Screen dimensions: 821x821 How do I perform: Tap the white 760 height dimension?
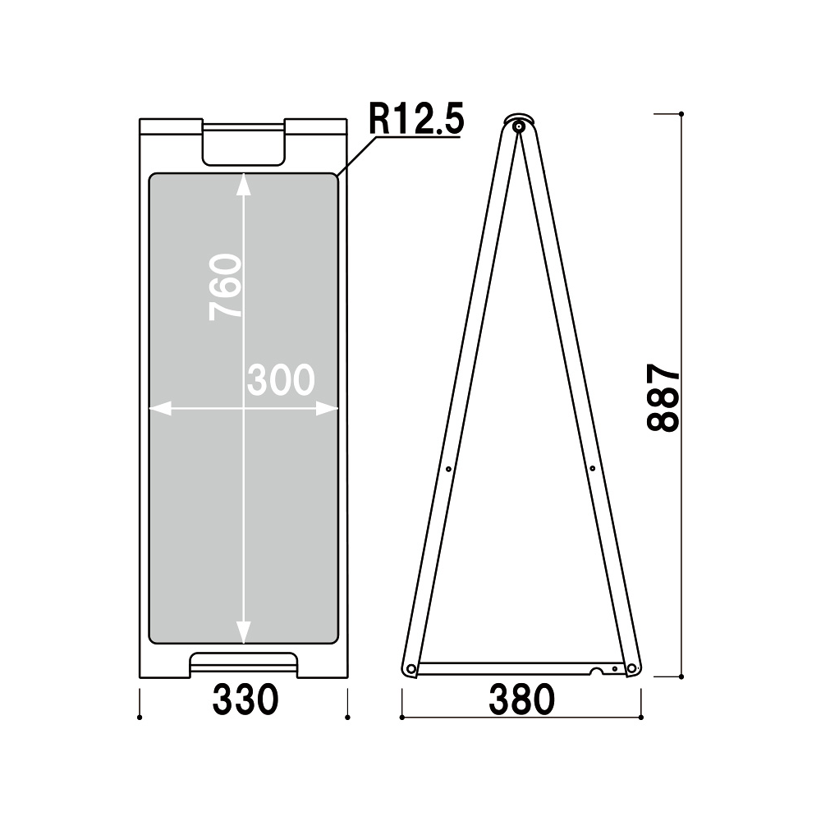click(x=225, y=287)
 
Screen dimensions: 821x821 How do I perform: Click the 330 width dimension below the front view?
click(x=245, y=699)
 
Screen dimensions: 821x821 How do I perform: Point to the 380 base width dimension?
click(x=521, y=699)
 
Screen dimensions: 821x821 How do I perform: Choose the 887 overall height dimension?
click(x=663, y=398)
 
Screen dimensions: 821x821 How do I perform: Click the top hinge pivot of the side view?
click(x=519, y=126)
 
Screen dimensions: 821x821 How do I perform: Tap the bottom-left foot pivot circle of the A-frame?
click(x=411, y=668)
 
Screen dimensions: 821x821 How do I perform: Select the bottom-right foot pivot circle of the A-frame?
click(x=631, y=668)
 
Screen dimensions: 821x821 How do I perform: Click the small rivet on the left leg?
click(x=449, y=469)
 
